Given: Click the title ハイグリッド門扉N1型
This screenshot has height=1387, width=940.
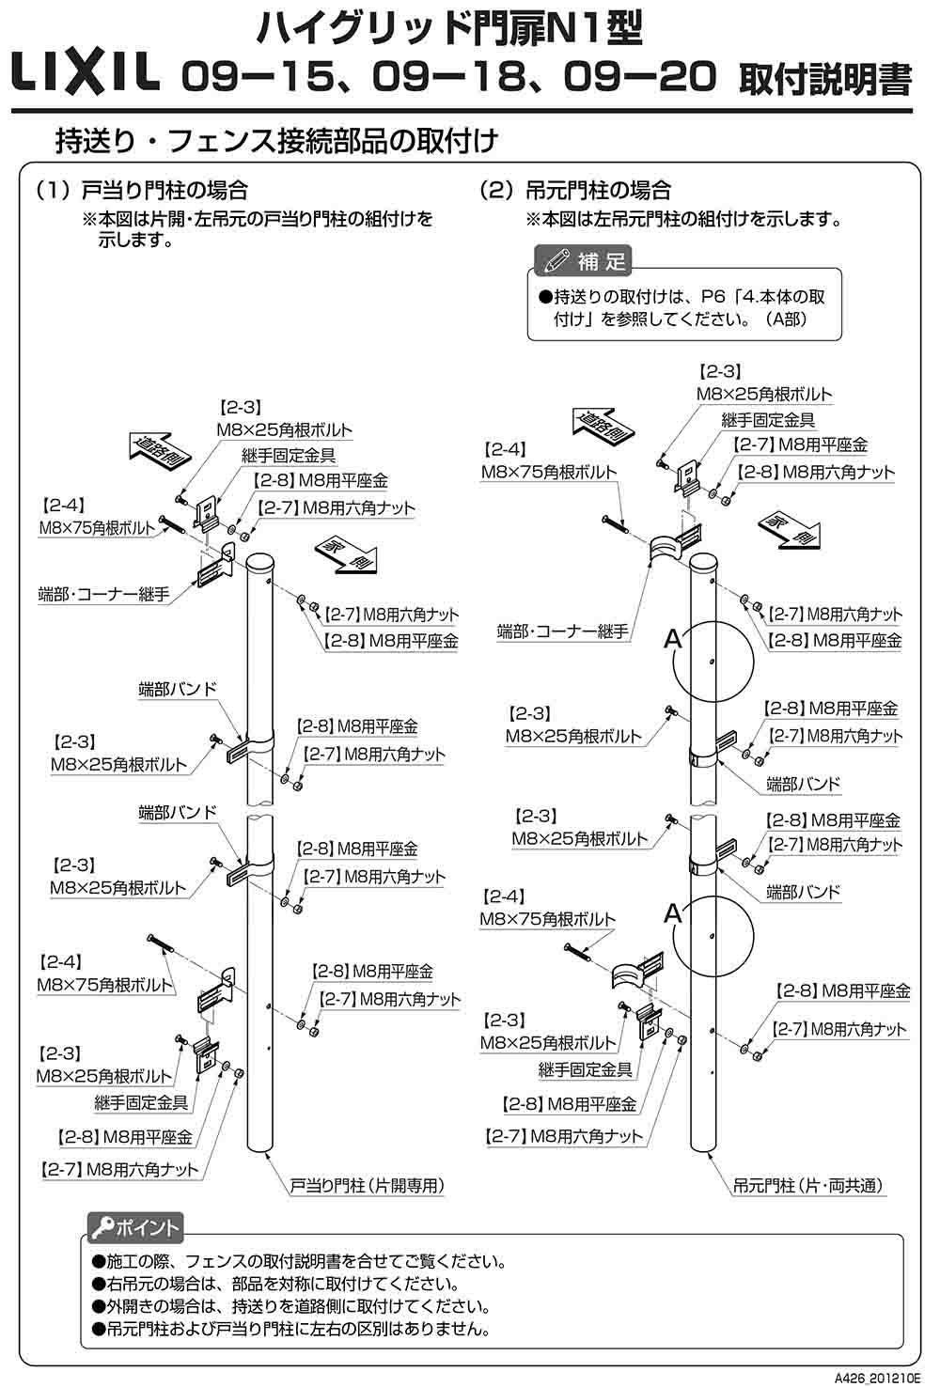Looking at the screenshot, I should pos(448,30).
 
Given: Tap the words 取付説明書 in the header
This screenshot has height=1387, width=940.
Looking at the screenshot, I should pos(824,80).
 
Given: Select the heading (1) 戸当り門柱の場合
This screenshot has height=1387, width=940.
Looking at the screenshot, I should pos(141,191).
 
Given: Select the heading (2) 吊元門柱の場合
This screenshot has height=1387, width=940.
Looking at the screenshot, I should pos(574,191).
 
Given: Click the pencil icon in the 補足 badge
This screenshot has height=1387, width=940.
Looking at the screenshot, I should pos(555,259).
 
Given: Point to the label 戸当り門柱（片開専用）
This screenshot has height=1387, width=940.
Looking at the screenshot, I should pos(367,1186).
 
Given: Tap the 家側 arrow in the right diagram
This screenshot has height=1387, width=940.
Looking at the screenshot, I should pos(786,529).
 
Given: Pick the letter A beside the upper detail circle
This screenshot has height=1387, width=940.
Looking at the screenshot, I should pos(672,639).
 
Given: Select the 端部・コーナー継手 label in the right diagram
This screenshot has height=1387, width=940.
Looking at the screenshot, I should pos(562,631).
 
